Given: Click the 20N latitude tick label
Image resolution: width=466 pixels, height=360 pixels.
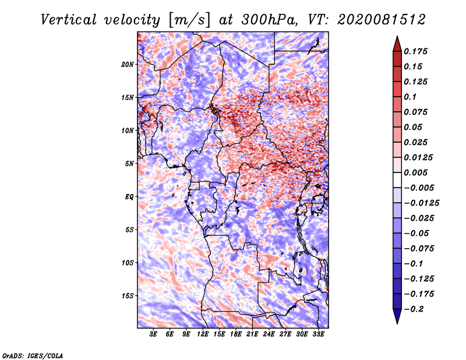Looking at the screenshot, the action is point(128,65).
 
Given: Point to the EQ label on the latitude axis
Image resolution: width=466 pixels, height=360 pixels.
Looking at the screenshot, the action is point(129,197).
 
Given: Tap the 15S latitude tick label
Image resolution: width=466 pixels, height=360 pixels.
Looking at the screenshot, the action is point(128,296).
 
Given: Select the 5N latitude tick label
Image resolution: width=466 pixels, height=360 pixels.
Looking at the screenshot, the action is point(129,164).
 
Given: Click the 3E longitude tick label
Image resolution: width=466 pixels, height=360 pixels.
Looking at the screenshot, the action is point(153,334).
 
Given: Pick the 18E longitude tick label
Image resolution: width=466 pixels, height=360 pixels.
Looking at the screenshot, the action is point(236,334).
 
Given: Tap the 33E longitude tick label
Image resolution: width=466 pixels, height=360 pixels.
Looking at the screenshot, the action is point(318,334).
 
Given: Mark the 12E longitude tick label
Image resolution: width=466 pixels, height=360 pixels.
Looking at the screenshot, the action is point(203,334).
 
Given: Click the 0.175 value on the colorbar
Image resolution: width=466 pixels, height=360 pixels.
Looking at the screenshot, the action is point(415,51).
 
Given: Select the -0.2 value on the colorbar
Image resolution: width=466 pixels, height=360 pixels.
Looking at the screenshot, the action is point(414,309).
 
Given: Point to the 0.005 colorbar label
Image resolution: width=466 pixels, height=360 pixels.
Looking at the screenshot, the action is point(415,172).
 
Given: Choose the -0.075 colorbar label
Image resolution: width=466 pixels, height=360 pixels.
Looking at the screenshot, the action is point(419,249).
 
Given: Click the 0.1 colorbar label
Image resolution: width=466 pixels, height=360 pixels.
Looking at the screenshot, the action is point(410,97).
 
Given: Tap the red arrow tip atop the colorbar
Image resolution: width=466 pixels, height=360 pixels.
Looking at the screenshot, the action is point(397,37).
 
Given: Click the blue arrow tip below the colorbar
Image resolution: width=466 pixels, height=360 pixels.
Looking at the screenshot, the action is point(397,323).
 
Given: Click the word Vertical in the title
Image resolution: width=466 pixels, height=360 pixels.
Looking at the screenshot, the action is point(69,20).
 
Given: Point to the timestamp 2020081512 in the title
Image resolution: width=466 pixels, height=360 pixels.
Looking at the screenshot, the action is point(382,20).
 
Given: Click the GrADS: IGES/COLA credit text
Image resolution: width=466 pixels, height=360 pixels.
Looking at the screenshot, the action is point(33,355).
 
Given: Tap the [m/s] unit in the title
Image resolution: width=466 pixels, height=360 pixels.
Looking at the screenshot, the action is point(189,20).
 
